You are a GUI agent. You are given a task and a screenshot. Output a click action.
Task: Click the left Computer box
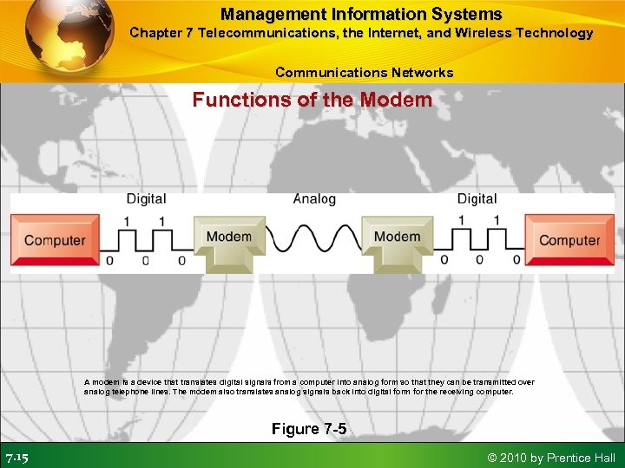pos(55,240)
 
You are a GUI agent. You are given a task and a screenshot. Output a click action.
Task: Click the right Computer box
pos(569,240)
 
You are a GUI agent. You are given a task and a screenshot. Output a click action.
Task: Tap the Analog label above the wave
pos(314,198)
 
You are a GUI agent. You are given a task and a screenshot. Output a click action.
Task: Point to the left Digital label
pos(146,198)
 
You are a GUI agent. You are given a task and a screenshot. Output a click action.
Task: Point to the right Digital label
pos(477,198)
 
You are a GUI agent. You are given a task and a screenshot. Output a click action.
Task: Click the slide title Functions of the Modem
pos(312,100)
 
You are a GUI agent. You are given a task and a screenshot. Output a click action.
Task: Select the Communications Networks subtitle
pos(364,72)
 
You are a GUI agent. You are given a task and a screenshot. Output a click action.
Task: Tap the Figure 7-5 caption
pos(308,429)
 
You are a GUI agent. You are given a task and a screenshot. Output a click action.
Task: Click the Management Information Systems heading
pos(361,14)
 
